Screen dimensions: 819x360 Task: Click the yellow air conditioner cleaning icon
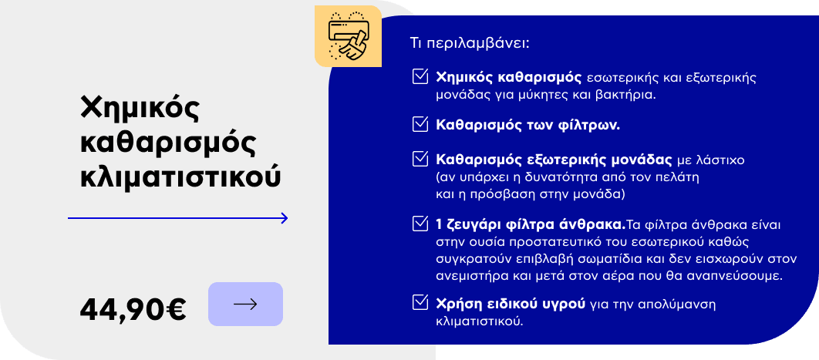[x=348, y=36]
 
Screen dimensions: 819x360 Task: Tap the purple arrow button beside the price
[x=245, y=304]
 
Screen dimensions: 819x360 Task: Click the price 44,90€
[x=133, y=309]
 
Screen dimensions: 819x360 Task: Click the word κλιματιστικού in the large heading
[x=180, y=177]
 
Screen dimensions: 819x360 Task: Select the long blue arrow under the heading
[x=178, y=218]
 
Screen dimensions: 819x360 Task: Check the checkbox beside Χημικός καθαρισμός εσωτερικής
[x=420, y=76]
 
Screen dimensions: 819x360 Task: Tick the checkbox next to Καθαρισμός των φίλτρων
[x=420, y=124]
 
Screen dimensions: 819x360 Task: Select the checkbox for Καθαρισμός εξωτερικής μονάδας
[x=420, y=159]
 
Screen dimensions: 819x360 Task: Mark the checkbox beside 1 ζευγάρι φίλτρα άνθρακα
[x=420, y=224]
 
